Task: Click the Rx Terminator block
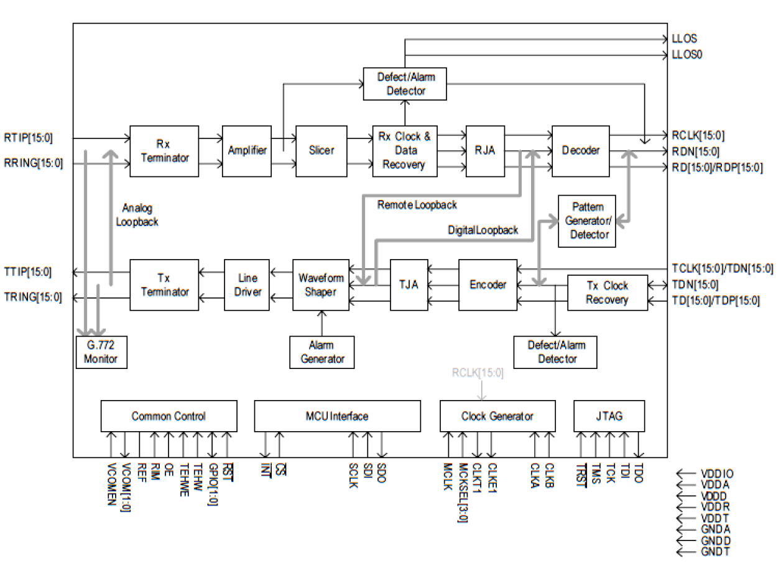click(x=164, y=151)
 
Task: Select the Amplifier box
click(x=247, y=151)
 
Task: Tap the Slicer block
click(x=321, y=151)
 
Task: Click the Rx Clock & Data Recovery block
click(x=405, y=151)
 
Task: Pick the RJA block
click(x=484, y=151)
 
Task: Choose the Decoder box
click(x=580, y=151)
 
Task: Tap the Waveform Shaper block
click(x=321, y=285)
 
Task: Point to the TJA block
click(x=408, y=285)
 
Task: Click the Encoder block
click(x=488, y=285)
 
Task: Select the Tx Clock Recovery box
click(x=607, y=293)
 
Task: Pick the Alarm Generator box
click(x=322, y=352)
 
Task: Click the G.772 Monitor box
click(x=101, y=352)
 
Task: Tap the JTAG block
click(x=609, y=416)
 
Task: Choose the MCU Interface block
click(x=337, y=416)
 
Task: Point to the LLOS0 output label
click(x=687, y=55)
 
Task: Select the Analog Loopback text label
click(x=137, y=215)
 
